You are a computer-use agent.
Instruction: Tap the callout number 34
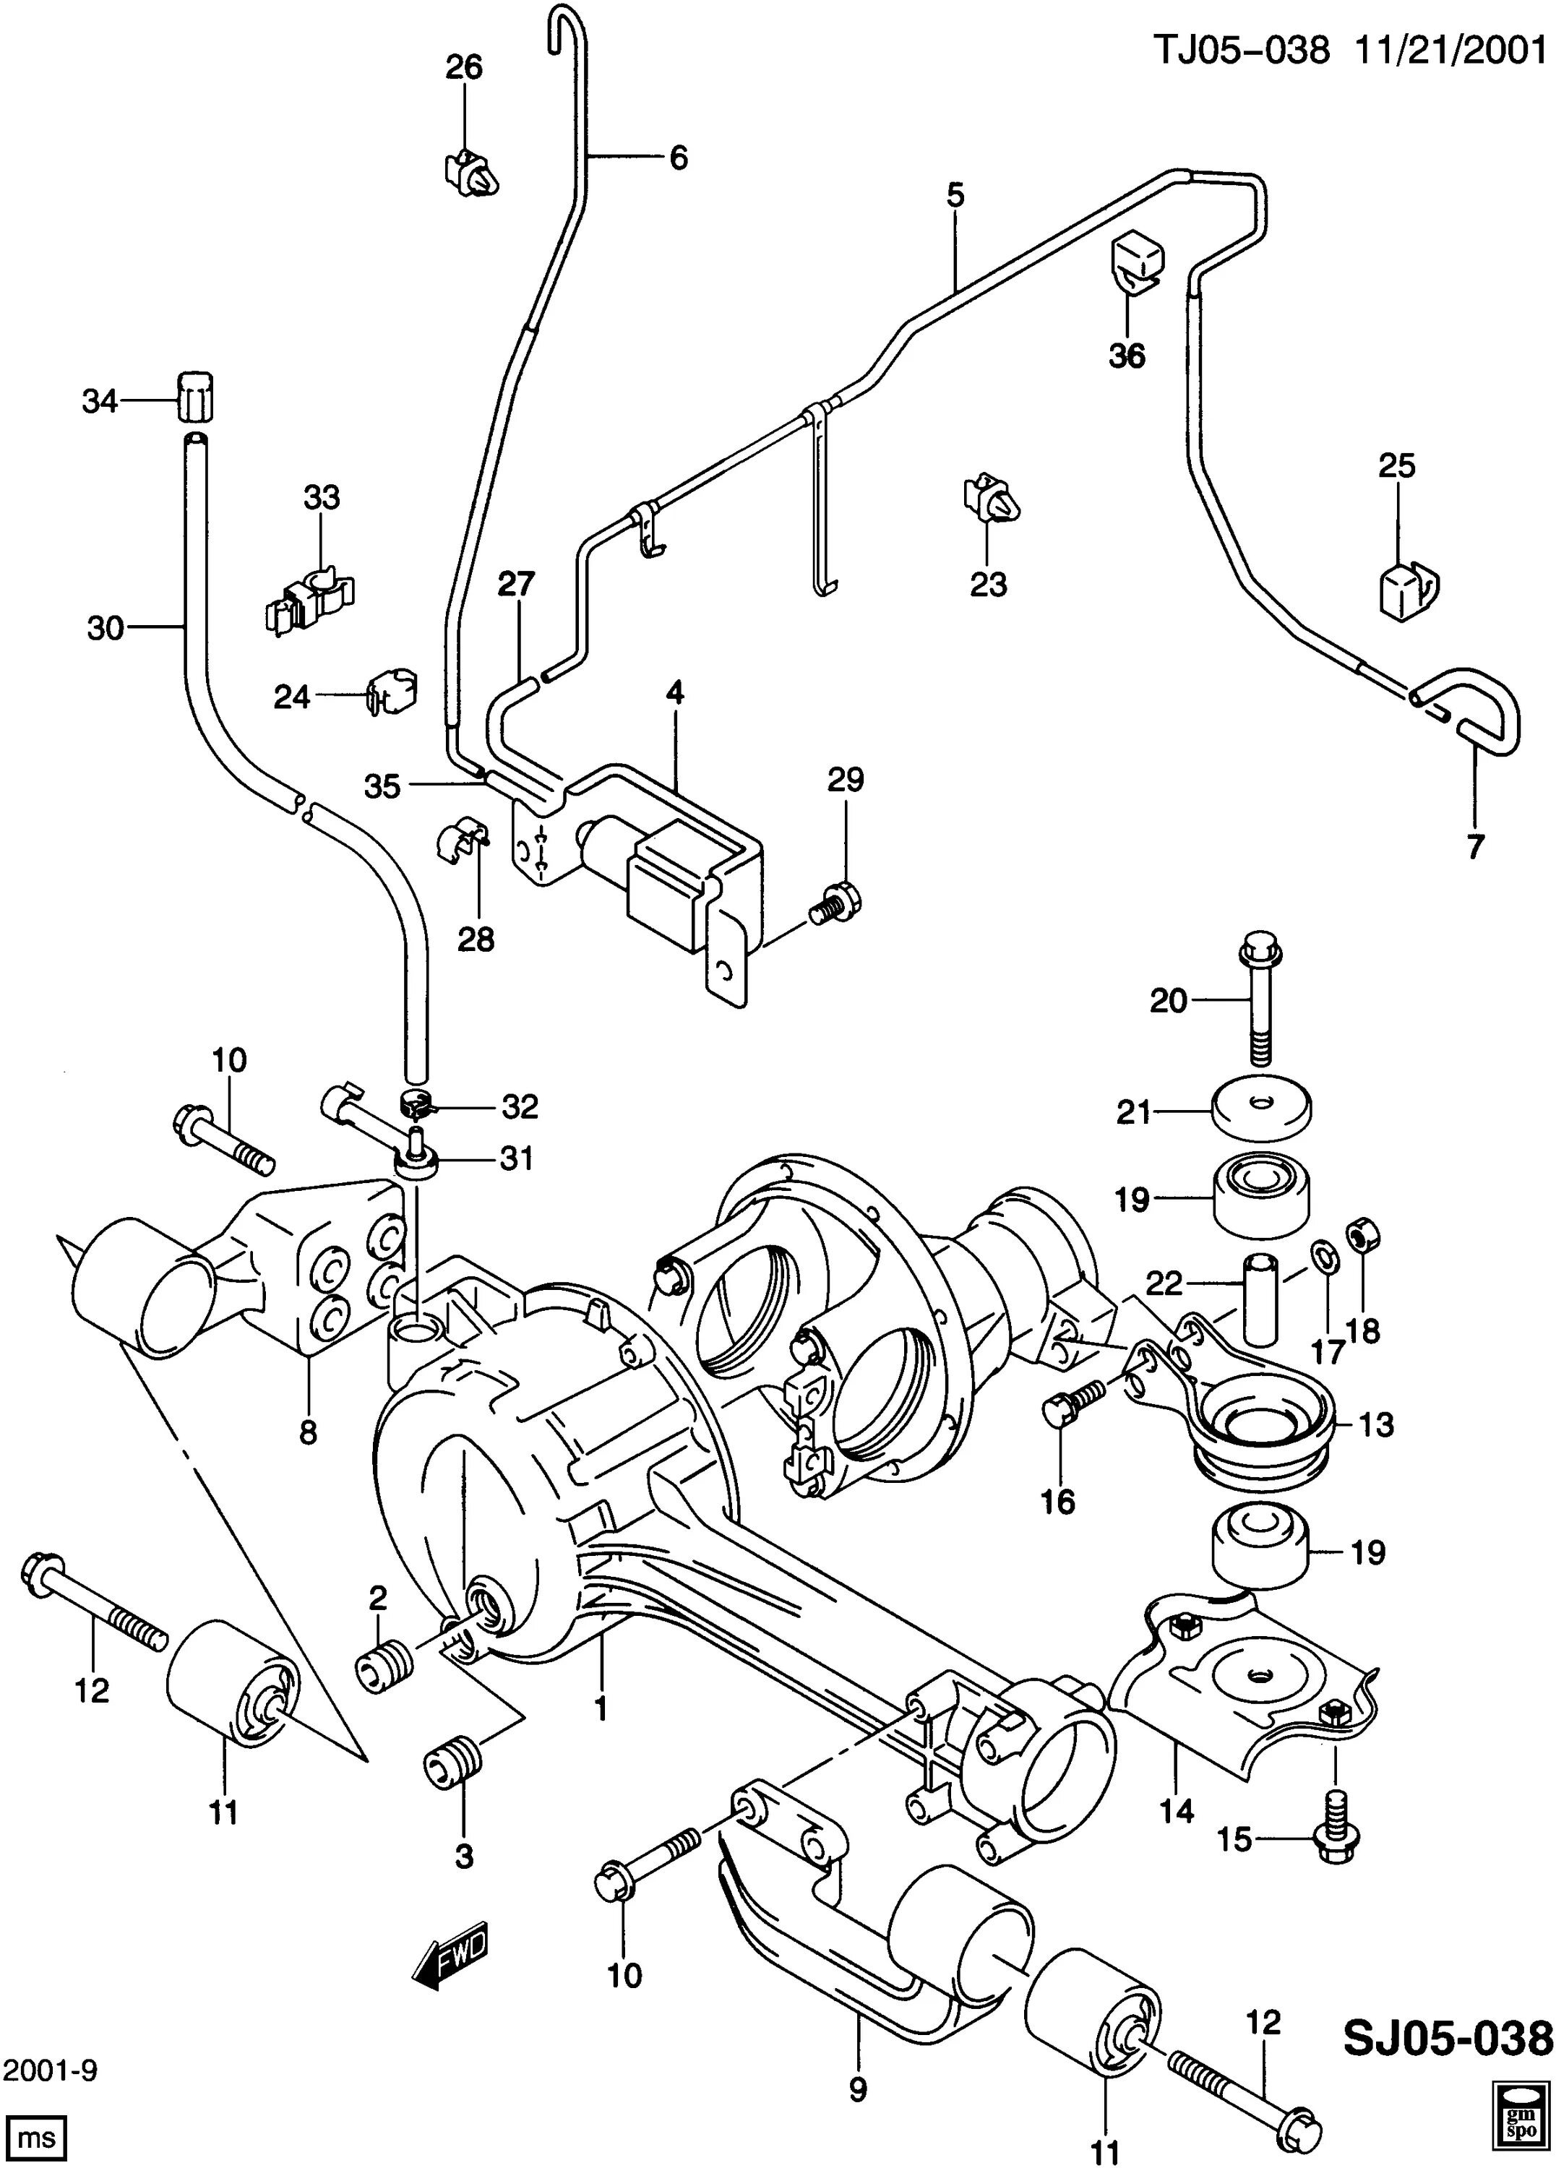(x=100, y=402)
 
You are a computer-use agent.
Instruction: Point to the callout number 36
(x=1127, y=356)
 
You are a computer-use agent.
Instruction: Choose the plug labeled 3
(x=453, y=1760)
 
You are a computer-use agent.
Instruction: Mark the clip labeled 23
(x=990, y=498)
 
